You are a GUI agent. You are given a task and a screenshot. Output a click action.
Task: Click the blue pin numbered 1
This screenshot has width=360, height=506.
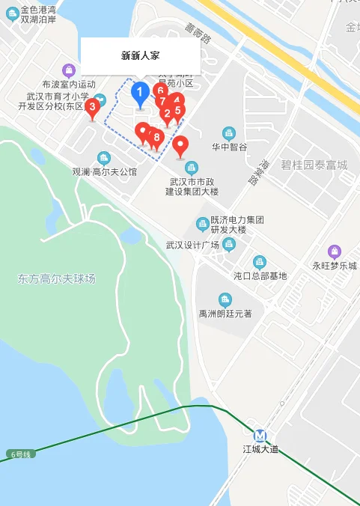click(x=139, y=94)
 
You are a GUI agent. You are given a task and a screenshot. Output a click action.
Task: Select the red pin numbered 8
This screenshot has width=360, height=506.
click(x=156, y=138)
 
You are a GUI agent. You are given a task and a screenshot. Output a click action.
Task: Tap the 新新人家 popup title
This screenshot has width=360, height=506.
click(x=140, y=55)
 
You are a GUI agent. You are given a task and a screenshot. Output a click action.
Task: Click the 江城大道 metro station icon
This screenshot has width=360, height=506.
click(x=260, y=435)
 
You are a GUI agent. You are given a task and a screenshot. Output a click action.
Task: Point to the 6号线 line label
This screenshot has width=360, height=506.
click(x=20, y=454)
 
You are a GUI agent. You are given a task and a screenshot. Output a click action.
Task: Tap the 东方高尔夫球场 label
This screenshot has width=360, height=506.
click(x=57, y=278)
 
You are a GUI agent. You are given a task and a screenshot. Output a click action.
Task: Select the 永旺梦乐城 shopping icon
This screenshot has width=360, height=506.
click(x=335, y=252)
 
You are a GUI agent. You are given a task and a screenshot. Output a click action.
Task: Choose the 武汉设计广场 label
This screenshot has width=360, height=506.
click(x=192, y=246)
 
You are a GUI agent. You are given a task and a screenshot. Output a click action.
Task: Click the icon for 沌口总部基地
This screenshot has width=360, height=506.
click(x=259, y=261)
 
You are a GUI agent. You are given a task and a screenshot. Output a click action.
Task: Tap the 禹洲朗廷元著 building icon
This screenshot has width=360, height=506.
click(x=224, y=299)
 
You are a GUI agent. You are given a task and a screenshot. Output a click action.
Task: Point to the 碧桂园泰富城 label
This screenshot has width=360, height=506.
click(x=314, y=165)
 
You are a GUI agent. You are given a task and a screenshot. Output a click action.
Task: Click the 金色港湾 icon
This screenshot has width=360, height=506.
click(x=12, y=10)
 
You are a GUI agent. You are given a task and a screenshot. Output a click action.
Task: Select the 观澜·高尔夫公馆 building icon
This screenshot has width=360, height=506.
click(x=103, y=157)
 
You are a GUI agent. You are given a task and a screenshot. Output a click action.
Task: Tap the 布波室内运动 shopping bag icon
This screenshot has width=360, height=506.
click(x=69, y=70)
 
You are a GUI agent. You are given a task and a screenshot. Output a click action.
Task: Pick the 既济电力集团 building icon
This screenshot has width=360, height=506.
click(x=202, y=224)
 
